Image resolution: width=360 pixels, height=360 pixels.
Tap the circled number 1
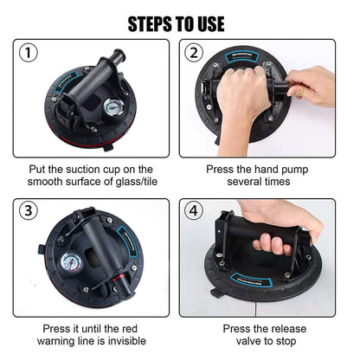(28, 53)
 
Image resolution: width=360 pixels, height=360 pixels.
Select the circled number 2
(194, 53)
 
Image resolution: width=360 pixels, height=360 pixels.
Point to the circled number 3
(28, 210)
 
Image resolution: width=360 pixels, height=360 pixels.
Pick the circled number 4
(194, 210)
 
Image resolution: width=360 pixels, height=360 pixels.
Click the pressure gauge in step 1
(113, 107)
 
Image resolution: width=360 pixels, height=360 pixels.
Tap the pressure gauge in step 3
(71, 264)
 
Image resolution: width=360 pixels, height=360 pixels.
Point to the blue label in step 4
(252, 280)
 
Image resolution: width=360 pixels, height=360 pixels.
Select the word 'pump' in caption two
(294, 170)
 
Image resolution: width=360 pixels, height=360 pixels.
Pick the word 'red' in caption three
(130, 329)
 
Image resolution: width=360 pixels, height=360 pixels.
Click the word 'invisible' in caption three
(126, 341)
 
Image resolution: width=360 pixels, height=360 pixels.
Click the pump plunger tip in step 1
(119, 55)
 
